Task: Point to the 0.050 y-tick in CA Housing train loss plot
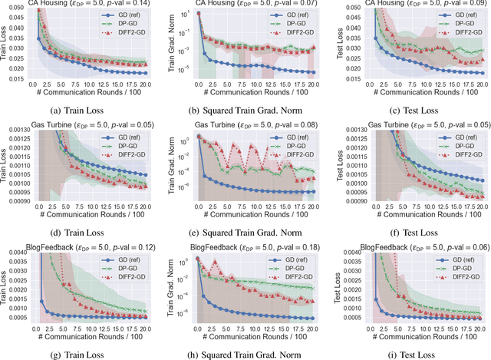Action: pos(15,8)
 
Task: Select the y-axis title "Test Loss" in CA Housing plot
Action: pos(331,43)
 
